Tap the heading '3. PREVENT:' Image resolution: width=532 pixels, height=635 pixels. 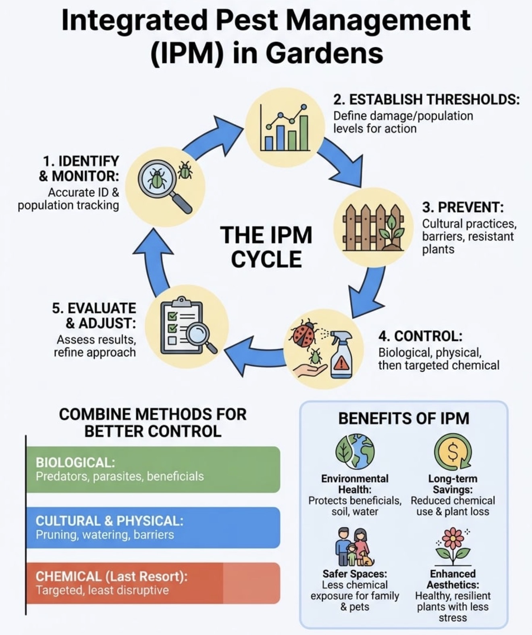click(x=463, y=207)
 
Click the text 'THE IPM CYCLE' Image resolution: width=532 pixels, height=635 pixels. click(x=266, y=247)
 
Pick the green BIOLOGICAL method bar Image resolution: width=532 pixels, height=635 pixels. click(x=153, y=469)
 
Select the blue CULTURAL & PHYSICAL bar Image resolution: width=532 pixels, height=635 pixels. click(x=153, y=527)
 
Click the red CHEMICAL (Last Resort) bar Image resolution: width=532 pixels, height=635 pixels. click(x=153, y=583)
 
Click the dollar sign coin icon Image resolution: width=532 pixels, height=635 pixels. click(x=453, y=452)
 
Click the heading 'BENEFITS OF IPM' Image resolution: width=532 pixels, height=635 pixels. click(x=404, y=418)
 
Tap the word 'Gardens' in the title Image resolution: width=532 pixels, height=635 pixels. click(x=324, y=53)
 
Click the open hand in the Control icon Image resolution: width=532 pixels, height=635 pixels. click(x=311, y=370)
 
